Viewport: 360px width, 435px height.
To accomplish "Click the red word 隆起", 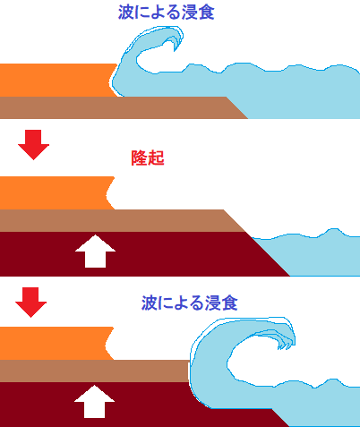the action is (x=148, y=158).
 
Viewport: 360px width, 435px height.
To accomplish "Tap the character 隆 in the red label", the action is (x=139, y=158).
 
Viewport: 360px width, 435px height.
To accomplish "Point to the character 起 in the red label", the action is (x=156, y=158).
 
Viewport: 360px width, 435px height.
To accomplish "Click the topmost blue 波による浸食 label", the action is (x=167, y=13).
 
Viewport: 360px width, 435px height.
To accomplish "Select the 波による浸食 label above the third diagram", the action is (x=190, y=303).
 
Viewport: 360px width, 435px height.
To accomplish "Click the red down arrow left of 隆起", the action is (x=33, y=145).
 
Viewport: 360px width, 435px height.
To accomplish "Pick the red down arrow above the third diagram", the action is (x=30, y=303).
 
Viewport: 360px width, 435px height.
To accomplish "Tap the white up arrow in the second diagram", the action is (x=95, y=251).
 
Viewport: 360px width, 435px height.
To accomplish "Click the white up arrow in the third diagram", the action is (x=94, y=401).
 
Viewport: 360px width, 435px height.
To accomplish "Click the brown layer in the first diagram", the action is (x=119, y=107).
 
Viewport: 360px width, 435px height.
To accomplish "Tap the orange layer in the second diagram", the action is (x=54, y=193).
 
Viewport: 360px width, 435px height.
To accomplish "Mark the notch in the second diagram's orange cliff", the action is (x=107, y=194).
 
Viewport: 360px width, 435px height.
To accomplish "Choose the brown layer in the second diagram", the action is (x=119, y=220).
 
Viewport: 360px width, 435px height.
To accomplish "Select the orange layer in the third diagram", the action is (x=53, y=343).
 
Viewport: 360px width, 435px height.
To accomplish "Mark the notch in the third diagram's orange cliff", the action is (x=107, y=345).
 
